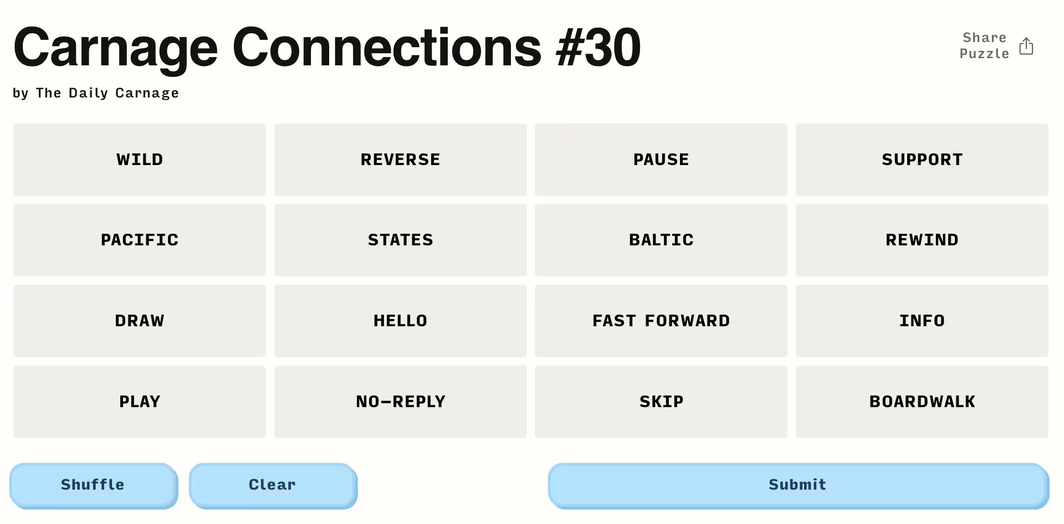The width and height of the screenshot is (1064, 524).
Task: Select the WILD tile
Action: tap(140, 160)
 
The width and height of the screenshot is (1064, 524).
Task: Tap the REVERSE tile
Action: tap(401, 160)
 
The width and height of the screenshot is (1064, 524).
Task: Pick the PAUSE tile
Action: tap(661, 160)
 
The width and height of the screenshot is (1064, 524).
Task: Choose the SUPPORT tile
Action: tap(922, 160)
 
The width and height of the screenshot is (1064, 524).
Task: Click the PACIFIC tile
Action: tap(140, 240)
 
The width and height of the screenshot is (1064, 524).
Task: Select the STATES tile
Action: tap(401, 240)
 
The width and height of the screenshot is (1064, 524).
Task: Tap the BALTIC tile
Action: tap(661, 240)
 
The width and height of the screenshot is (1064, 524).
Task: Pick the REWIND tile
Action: tap(922, 240)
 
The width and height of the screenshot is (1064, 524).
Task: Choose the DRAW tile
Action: tap(140, 321)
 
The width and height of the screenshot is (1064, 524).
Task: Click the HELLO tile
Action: tap(401, 321)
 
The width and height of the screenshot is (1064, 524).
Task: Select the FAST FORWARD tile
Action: tap(661, 321)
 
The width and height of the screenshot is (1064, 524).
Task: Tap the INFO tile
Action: tap(922, 321)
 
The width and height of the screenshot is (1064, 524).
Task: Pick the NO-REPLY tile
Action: tap(401, 402)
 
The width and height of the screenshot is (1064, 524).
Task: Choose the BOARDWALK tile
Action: tap(922, 402)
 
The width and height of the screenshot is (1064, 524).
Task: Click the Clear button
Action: tap(273, 485)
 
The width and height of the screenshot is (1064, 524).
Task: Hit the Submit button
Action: tap(798, 485)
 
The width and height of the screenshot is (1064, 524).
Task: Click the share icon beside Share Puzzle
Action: tap(1026, 46)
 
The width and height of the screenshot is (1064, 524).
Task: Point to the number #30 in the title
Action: tap(598, 48)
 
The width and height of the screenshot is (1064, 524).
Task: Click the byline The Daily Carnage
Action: tap(108, 93)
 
